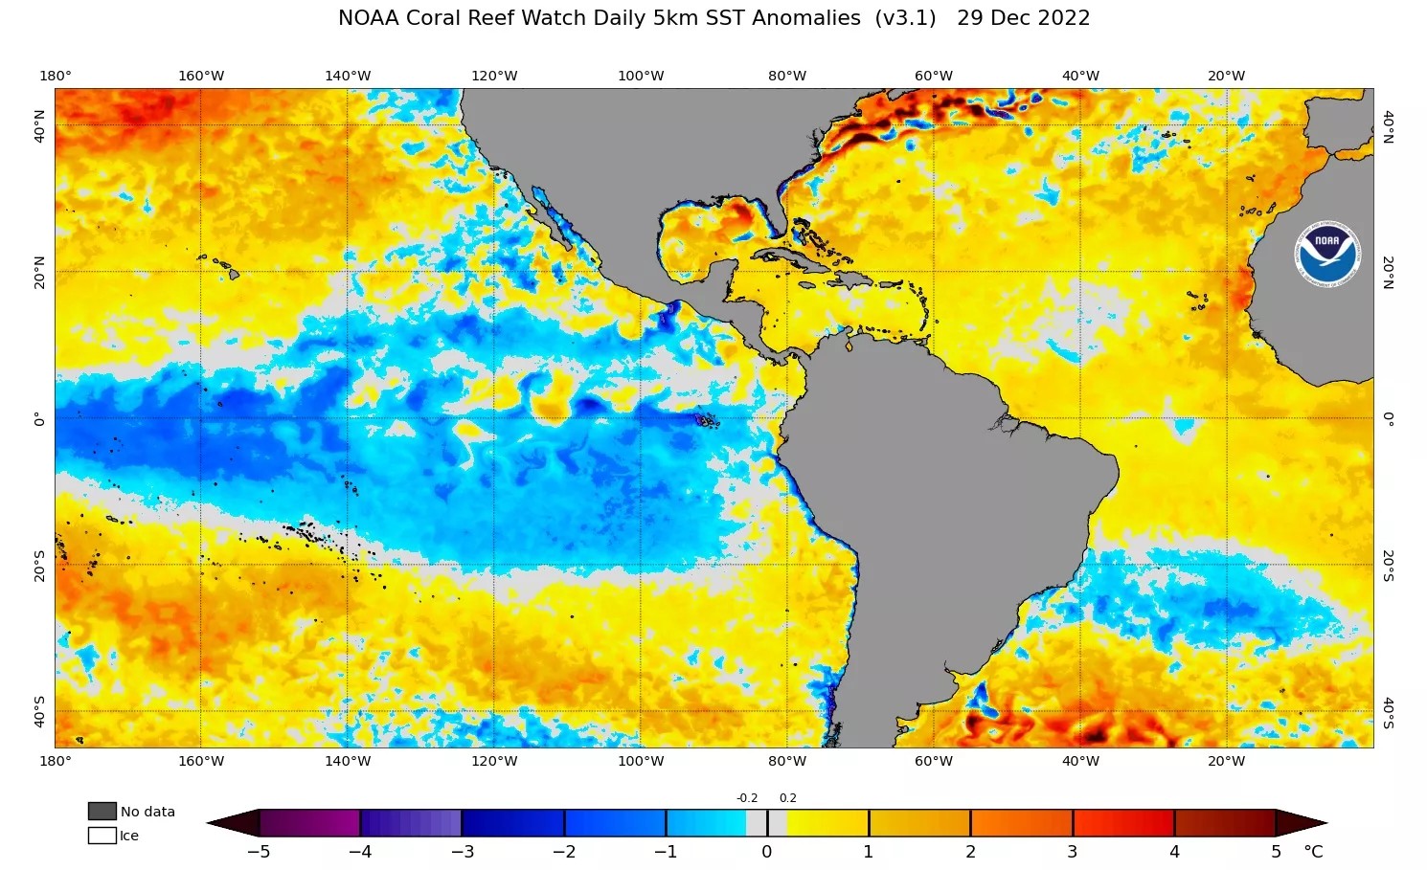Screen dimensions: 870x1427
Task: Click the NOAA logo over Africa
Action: [1327, 255]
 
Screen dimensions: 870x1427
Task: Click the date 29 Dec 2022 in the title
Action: [1023, 18]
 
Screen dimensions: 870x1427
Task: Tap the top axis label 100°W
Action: [641, 76]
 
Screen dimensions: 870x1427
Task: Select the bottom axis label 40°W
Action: [1079, 761]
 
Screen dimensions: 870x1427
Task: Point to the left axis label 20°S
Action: [39, 565]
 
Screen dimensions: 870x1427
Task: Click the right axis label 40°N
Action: [1388, 125]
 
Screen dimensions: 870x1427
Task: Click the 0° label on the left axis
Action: [39, 418]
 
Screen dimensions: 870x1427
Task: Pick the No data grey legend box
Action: [102, 811]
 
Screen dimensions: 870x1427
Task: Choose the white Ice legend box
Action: [102, 836]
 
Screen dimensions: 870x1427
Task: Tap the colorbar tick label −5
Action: [258, 852]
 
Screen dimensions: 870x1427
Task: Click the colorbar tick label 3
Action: [1072, 852]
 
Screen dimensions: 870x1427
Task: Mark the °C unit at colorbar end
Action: [1313, 852]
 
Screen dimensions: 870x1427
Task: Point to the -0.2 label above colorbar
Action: [747, 798]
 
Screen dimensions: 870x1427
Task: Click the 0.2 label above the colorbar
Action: [787, 798]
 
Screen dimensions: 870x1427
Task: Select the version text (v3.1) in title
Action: [905, 18]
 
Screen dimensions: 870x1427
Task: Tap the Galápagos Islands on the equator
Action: [707, 420]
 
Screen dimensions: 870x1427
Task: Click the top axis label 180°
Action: [55, 76]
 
